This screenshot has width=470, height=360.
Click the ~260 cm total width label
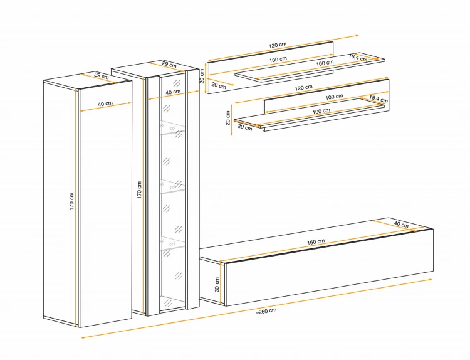(266, 311)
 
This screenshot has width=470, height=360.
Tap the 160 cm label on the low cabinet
(316, 242)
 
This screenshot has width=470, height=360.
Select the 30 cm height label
(217, 284)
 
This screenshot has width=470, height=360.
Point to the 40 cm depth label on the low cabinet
(401, 225)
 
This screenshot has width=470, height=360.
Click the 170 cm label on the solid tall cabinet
(71, 201)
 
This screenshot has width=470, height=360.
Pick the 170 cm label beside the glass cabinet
(139, 189)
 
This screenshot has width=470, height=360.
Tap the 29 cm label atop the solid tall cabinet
(102, 76)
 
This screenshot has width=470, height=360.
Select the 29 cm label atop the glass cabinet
(169, 64)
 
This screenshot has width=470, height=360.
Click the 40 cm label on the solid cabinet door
(105, 103)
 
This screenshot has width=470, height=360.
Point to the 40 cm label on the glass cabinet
(173, 92)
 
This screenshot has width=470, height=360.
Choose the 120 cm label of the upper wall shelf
(278, 45)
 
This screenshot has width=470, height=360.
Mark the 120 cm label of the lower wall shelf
(304, 88)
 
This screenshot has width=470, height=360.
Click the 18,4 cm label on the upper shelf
(358, 58)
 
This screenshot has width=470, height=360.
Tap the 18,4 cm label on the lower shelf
(379, 98)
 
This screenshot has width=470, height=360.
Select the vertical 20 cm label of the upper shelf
(202, 76)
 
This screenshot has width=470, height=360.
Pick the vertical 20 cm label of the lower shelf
(228, 118)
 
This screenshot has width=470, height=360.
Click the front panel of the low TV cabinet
(329, 268)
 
